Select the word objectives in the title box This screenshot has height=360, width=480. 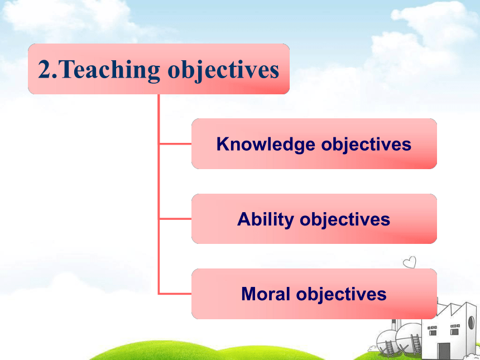tap(223, 70)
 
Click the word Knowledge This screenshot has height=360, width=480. tap(266, 144)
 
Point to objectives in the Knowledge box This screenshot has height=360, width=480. tap(366, 144)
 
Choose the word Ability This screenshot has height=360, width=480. tap(266, 219)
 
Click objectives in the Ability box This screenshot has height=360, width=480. tap(345, 219)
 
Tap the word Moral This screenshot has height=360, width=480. tap(266, 294)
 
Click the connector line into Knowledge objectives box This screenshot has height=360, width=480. tap(175, 143)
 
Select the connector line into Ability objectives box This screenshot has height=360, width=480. tap(175, 219)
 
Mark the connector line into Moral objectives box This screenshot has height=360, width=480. tap(175, 294)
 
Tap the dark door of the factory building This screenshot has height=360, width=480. tap(444, 352)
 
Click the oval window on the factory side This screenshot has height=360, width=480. tap(472, 323)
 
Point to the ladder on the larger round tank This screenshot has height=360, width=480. tap(416, 343)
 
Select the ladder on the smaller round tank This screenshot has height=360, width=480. tap(390, 349)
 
